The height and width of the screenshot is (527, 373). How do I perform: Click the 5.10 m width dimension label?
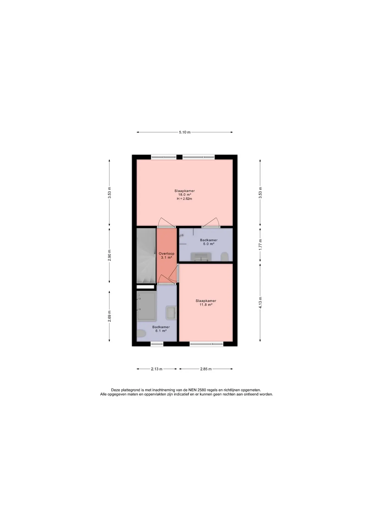(185, 132)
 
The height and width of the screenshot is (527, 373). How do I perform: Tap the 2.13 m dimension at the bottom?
(157, 369)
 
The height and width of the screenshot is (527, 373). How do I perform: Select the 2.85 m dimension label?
(206, 369)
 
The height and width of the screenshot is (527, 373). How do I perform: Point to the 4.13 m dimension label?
(260, 302)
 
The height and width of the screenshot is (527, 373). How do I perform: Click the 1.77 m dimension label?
(260, 244)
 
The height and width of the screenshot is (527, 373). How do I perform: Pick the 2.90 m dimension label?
(110, 255)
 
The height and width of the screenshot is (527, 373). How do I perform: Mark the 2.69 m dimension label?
(110, 316)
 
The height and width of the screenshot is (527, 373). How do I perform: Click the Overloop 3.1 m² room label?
(166, 256)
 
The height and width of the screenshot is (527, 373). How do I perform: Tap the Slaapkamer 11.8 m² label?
(206, 302)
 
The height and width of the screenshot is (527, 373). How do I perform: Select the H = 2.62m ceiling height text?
(185, 199)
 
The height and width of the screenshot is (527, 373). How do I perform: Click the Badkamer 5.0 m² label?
(209, 242)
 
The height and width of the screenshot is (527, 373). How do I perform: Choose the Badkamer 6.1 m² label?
(161, 329)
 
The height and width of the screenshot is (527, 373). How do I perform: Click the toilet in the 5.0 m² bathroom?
(225, 257)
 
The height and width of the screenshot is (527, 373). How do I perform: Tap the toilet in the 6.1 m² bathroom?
(141, 334)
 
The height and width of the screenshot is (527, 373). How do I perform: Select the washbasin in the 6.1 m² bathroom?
(171, 313)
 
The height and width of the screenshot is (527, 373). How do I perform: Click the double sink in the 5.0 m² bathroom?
(201, 257)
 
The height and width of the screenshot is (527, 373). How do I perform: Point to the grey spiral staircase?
(146, 256)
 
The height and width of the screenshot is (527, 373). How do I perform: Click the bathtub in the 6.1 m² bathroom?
(147, 306)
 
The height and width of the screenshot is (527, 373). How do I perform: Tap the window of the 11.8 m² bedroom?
(206, 343)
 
